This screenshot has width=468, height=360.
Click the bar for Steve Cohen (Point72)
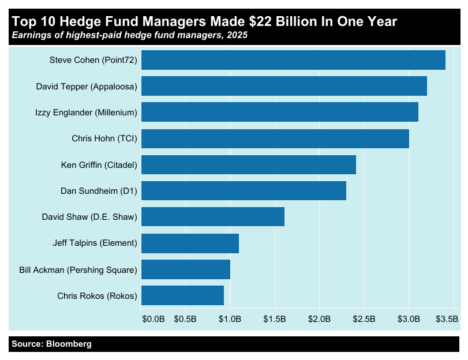[x=293, y=60]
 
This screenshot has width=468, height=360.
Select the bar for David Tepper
[x=284, y=86]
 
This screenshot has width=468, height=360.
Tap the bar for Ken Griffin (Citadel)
[x=248, y=164]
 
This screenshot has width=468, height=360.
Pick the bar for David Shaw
[x=212, y=217]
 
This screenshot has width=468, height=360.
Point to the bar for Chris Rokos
[x=182, y=295]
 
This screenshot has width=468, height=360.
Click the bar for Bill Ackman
[x=186, y=269]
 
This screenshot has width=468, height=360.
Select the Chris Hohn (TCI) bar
[x=275, y=138]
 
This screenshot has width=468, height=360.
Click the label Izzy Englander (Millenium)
[x=86, y=112]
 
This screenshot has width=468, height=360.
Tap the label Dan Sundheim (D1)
[x=99, y=191]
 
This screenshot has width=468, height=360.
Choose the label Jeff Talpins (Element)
[x=95, y=243]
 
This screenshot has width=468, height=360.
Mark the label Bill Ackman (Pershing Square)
[x=78, y=269]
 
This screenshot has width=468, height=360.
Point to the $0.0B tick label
[x=153, y=319]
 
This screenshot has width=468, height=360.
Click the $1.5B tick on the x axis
[x=275, y=319]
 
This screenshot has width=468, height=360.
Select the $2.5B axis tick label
[x=364, y=319]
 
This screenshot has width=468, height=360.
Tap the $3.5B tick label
[x=447, y=319]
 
